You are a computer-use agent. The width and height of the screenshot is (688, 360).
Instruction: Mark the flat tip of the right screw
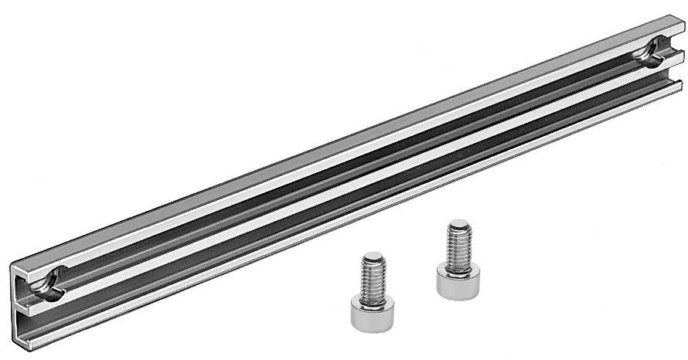tap(458, 225)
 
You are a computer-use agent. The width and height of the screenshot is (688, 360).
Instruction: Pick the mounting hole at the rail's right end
tap(648, 51)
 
